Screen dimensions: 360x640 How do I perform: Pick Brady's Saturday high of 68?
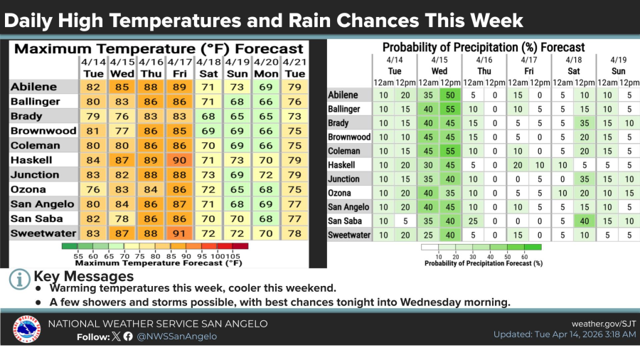click(208, 116)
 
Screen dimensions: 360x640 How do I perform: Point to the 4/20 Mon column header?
click(266, 68)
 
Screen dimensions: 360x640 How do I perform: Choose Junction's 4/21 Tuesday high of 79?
click(294, 174)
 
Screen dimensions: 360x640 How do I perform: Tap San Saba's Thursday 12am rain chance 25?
click(471, 221)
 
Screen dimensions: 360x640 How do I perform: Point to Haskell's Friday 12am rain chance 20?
click(519, 165)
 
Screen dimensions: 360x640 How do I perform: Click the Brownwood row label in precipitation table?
click(349, 137)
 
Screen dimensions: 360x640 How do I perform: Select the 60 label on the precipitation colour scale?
click(526, 255)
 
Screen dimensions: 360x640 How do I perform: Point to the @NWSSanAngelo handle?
click(176, 336)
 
